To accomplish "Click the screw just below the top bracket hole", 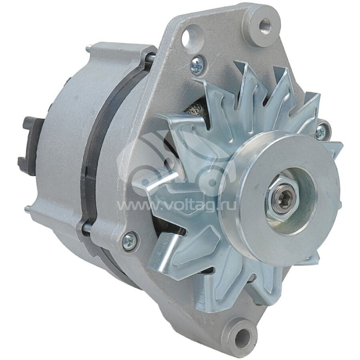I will pos(196,66).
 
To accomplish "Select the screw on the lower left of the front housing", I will pos(130,242).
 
